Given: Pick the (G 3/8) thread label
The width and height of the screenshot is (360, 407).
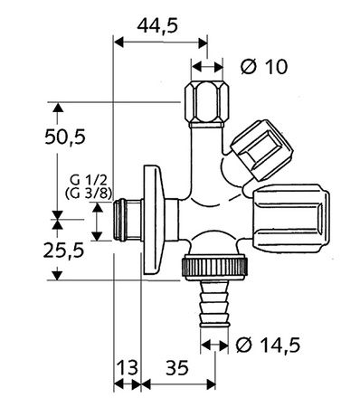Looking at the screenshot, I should tap(82, 193).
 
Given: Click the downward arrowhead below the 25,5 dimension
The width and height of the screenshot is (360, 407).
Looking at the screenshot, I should tap(57, 273).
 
